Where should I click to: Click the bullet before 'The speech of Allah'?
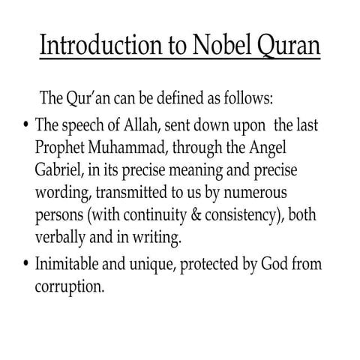[26, 125]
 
